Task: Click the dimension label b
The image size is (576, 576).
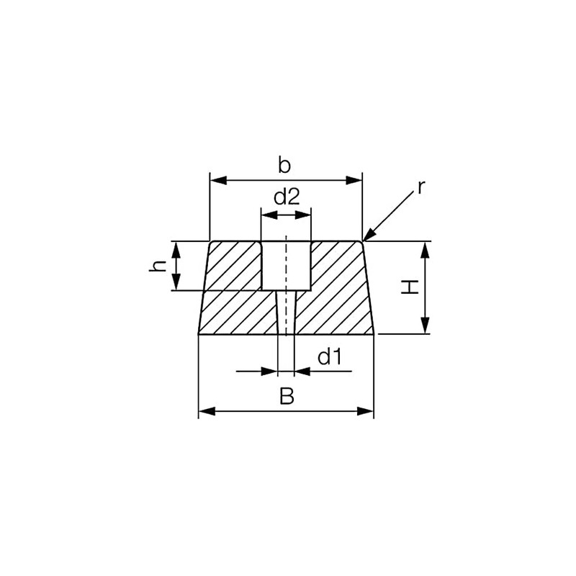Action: pyautogui.click(x=284, y=166)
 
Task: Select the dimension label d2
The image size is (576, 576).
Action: pyautogui.click(x=286, y=197)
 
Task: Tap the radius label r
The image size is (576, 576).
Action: pyautogui.click(x=422, y=188)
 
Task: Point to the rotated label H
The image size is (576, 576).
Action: pyautogui.click(x=410, y=287)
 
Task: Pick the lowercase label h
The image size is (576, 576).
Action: pyautogui.click(x=161, y=266)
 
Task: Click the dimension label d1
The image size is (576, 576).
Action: pyautogui.click(x=329, y=356)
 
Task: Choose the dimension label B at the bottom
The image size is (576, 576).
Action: pyautogui.click(x=286, y=397)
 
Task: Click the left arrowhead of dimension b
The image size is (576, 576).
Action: pyautogui.click(x=215, y=180)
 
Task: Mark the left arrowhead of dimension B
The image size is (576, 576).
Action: pyautogui.click(x=205, y=412)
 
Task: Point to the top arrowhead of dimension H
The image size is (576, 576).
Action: pyautogui.click(x=426, y=248)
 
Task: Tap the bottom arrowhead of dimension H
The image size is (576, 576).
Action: pyautogui.click(x=426, y=328)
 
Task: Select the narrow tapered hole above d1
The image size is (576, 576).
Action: pyautogui.click(x=286, y=313)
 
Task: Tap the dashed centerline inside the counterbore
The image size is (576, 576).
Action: pyautogui.click(x=286, y=263)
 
